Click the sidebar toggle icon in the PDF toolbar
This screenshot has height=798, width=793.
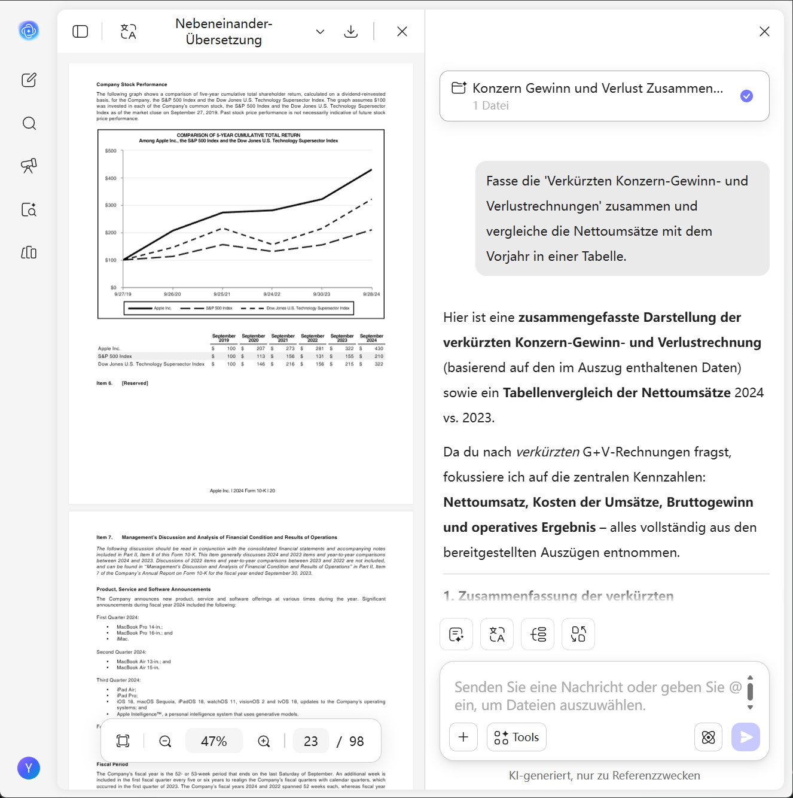coord(80,32)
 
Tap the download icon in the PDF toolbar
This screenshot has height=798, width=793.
coord(351,32)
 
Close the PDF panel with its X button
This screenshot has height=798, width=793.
coord(402,32)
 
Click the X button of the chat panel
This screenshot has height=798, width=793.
coord(764,32)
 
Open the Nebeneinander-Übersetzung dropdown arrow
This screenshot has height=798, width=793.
coord(321,32)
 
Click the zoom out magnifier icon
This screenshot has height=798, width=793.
coord(165,742)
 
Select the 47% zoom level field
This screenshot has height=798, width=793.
coord(213,742)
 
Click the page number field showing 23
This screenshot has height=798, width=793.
coord(311,742)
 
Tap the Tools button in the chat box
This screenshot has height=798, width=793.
coord(517,738)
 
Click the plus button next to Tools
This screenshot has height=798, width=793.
coord(463,738)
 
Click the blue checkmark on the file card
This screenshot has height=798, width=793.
coord(746,96)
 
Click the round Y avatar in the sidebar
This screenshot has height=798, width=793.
coord(29,768)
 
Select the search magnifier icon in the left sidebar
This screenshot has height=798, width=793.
coord(29,124)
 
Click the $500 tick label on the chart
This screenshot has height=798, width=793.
coord(111,151)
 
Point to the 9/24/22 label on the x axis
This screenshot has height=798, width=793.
coord(272,294)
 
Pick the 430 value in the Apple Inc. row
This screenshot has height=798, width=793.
coord(379,349)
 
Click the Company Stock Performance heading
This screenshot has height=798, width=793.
coord(132,85)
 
